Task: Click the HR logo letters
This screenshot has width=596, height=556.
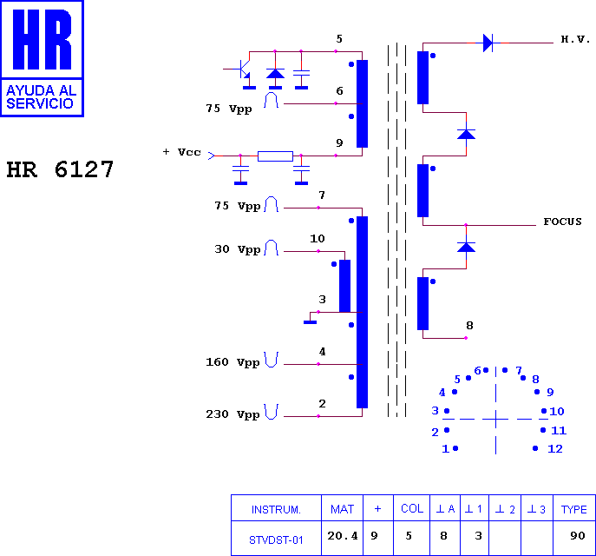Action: tap(43, 39)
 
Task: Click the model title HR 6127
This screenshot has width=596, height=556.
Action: tap(60, 169)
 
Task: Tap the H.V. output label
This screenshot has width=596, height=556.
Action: tap(575, 39)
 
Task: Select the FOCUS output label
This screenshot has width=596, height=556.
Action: tap(562, 222)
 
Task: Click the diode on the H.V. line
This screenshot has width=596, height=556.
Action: tap(488, 43)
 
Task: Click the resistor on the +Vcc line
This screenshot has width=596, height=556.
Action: tap(275, 156)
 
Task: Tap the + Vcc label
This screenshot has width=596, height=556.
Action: tap(181, 152)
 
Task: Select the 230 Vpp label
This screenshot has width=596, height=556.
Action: tap(233, 414)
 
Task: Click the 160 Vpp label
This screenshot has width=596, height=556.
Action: tap(233, 362)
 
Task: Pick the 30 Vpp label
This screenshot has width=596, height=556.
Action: tap(238, 249)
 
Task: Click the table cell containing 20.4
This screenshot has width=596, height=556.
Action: tap(342, 538)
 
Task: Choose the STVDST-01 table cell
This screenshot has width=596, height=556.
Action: tap(276, 538)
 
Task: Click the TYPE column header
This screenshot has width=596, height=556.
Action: tap(574, 508)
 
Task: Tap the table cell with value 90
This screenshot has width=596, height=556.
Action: tap(574, 538)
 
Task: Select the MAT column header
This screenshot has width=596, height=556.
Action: tap(342, 508)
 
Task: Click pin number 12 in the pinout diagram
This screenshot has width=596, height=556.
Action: tap(555, 448)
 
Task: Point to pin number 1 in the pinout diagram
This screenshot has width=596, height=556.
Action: tap(445, 448)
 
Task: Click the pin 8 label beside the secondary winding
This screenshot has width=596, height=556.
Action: tap(470, 326)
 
